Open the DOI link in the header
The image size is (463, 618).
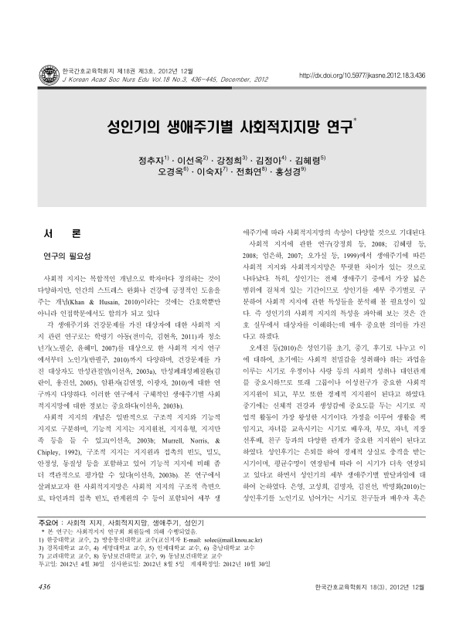point(362,76)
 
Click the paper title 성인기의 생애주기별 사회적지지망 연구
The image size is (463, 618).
point(230,124)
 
